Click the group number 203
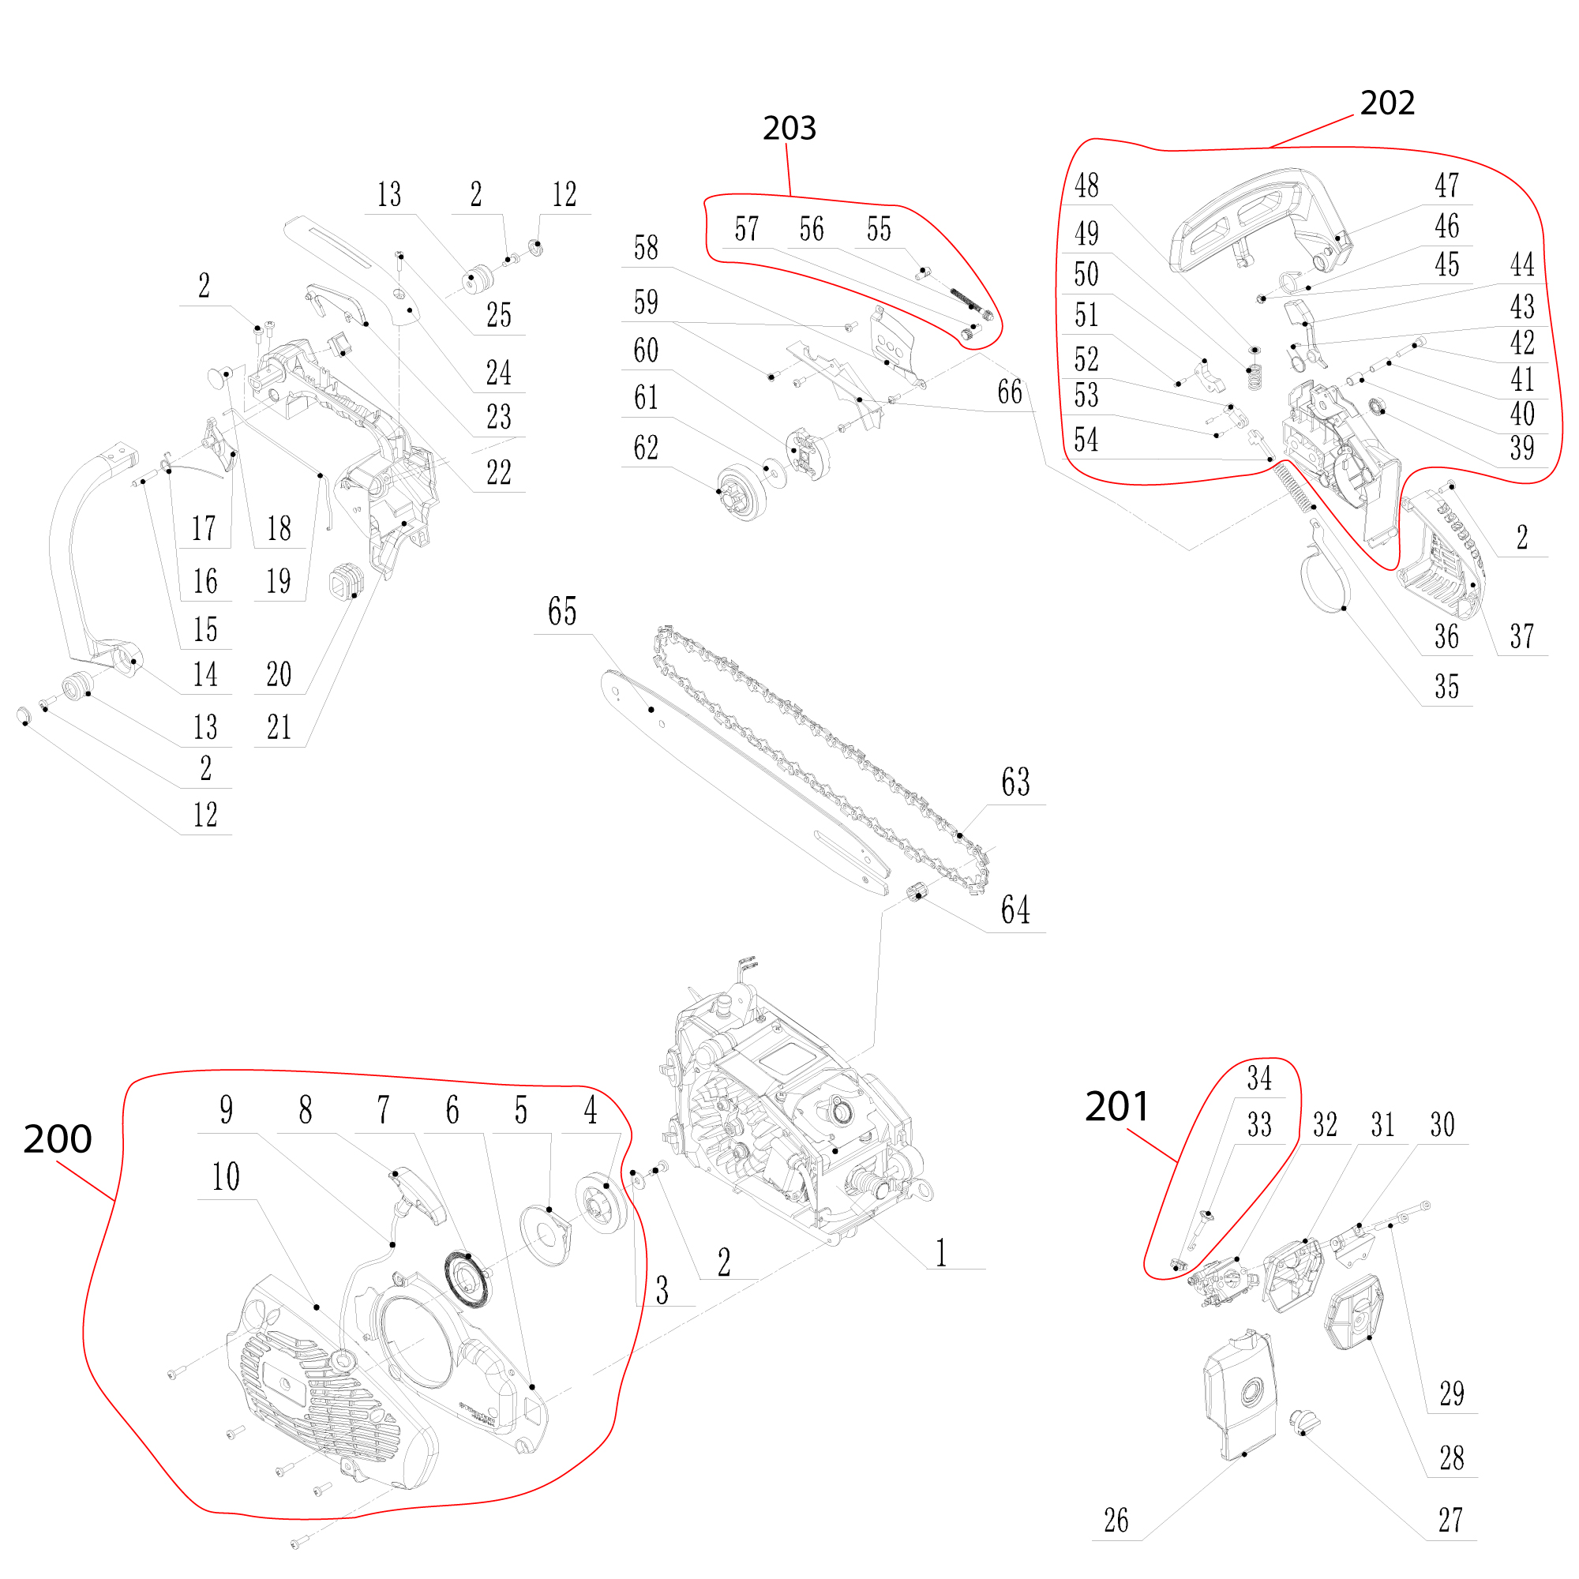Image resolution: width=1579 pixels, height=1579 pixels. [789, 129]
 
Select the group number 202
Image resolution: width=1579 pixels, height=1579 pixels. [1387, 103]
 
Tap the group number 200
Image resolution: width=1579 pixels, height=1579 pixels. [57, 1138]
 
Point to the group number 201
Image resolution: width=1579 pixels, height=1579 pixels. [1116, 1107]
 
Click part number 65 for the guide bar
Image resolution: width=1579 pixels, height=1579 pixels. [561, 611]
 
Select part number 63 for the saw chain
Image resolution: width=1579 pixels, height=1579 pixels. [1015, 782]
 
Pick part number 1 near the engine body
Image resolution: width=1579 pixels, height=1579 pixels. [941, 1253]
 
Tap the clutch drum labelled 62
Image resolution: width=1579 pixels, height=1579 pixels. [742, 492]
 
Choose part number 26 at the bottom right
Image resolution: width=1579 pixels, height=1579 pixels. [1116, 1520]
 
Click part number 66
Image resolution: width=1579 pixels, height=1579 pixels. [1009, 392]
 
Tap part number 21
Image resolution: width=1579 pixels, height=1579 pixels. [279, 727]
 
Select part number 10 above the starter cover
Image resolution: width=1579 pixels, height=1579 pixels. [226, 1177]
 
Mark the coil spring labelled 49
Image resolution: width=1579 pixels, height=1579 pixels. [1255, 376]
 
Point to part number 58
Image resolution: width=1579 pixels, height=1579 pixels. [646, 248]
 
